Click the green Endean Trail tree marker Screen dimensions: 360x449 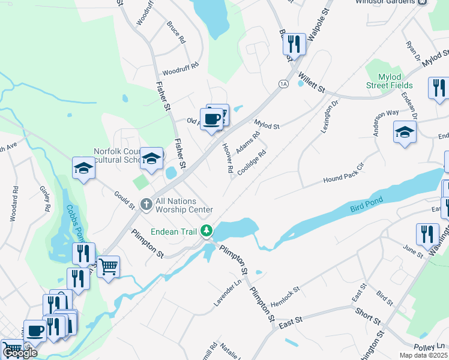click(206, 230)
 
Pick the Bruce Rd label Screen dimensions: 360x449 click(176, 32)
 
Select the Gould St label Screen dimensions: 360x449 click(124, 199)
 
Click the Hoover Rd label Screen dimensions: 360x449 click(228, 159)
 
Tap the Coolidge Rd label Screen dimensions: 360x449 click(251, 163)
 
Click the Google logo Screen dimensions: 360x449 click(20, 353)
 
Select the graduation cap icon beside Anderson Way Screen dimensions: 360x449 click(405, 133)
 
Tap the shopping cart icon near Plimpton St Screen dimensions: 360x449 click(108, 266)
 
